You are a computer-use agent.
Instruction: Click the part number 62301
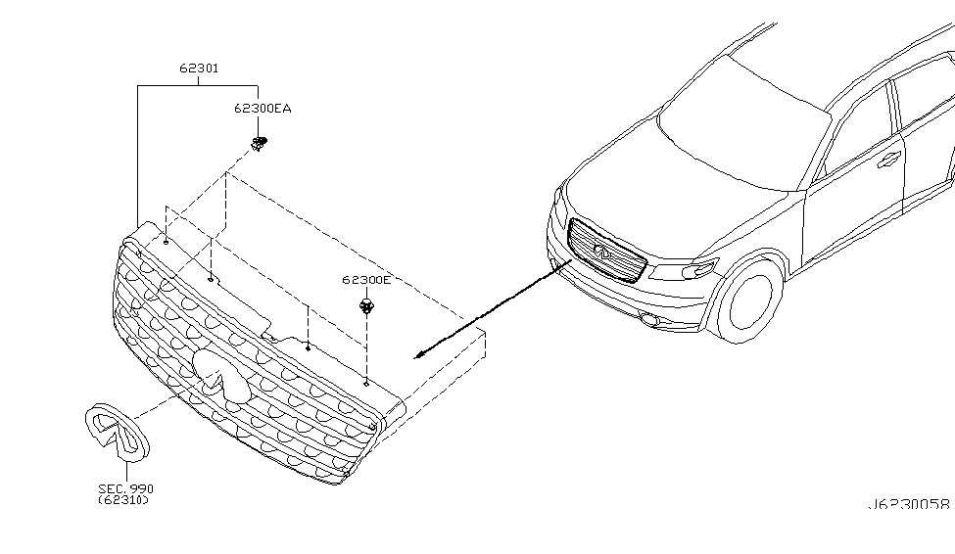pyautogui.click(x=198, y=69)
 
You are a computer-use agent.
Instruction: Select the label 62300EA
pyautogui.click(x=262, y=109)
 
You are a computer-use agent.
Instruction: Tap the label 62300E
pyautogui.click(x=366, y=280)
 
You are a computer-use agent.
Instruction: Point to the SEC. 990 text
pyautogui.click(x=125, y=488)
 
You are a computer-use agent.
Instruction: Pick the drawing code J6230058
pyautogui.click(x=908, y=505)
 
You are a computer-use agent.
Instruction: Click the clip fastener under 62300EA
pyautogui.click(x=260, y=145)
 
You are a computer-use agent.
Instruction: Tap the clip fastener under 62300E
pyautogui.click(x=367, y=308)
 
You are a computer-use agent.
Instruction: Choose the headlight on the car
pyautogui.click(x=694, y=267)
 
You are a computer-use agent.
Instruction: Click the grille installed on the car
pyautogui.click(x=605, y=253)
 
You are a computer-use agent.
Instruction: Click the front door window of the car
pyautogui.click(x=860, y=131)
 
